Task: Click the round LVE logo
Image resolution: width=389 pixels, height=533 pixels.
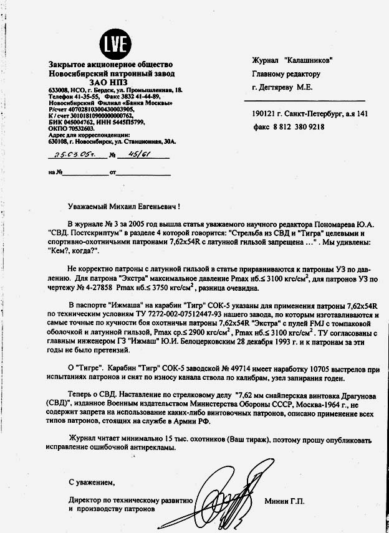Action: [116, 43]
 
